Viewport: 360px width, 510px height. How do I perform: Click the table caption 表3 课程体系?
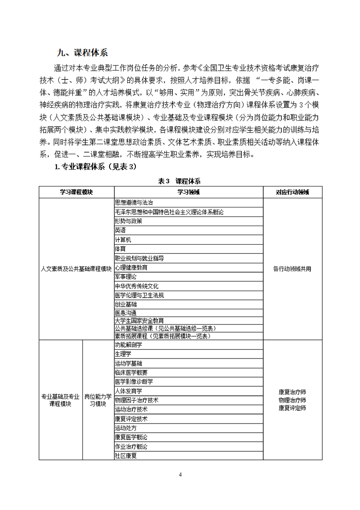click(x=179, y=181)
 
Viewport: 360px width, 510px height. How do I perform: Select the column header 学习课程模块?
click(x=76, y=192)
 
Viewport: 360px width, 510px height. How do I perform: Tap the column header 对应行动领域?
click(x=292, y=192)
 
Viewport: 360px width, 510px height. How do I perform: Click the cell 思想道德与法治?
click(x=134, y=202)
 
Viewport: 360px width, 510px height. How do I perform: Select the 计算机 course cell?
click(x=123, y=240)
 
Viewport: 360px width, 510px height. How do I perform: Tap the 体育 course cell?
click(x=120, y=249)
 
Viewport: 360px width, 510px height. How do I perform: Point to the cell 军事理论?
click(x=126, y=277)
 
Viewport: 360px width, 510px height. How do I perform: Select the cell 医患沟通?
click(x=126, y=313)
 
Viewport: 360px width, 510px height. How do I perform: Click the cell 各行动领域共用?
click(x=292, y=269)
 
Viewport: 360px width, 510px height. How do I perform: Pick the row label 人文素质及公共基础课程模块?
click(x=76, y=269)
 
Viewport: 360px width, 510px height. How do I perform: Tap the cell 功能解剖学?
click(x=129, y=344)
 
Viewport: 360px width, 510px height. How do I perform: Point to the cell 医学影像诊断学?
click(x=134, y=381)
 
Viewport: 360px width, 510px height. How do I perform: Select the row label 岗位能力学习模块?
click(x=98, y=400)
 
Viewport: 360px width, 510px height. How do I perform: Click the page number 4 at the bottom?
click(x=180, y=475)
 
